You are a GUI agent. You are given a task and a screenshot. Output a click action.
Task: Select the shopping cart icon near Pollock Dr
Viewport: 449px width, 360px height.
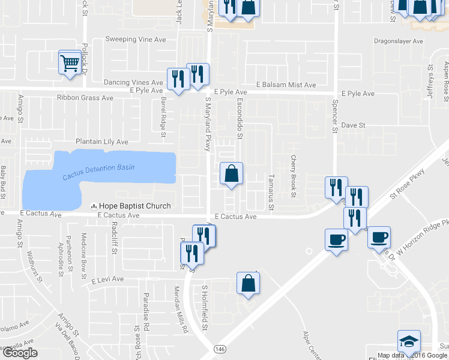pos(70,62)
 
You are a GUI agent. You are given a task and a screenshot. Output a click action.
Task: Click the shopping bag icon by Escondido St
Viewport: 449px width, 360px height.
pos(231,175)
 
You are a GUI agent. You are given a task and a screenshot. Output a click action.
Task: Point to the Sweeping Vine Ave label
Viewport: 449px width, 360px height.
pos(135,39)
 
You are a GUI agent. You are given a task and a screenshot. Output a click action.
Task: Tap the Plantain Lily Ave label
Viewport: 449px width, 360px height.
pos(101,142)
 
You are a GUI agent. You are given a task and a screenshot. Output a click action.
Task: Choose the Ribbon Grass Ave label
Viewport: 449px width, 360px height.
pos(85,97)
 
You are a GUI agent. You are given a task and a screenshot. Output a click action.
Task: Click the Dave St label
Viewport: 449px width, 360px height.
pos(353,125)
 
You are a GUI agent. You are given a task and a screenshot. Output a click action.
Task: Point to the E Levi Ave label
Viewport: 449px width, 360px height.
pos(107,279)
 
